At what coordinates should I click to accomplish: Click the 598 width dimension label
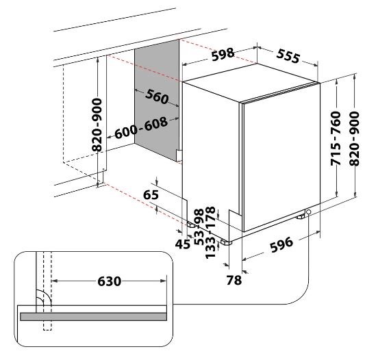coord(223,55)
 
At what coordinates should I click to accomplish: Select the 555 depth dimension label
coord(288,56)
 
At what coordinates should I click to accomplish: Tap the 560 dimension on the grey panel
coord(157,97)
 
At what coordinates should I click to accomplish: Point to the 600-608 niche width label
coord(141,128)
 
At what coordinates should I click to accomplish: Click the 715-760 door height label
coord(336,138)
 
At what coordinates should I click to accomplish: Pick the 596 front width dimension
coord(281,244)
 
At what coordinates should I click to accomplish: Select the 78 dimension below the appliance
coord(234,280)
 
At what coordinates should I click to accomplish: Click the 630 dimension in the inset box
coord(109,281)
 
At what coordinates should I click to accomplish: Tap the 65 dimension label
coord(151,194)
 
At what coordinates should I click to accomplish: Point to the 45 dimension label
coord(182,244)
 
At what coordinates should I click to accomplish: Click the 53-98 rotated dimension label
coord(199,227)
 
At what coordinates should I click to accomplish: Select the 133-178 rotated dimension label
coord(210,232)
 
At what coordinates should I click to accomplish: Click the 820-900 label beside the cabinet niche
coord(97,125)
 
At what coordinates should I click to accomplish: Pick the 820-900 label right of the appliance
coord(355,138)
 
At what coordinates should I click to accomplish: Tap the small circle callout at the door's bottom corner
coord(308,211)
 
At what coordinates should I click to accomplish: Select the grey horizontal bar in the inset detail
coord(94,317)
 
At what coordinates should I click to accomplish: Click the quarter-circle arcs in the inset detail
coord(43,298)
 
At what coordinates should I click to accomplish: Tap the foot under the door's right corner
coord(300,217)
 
